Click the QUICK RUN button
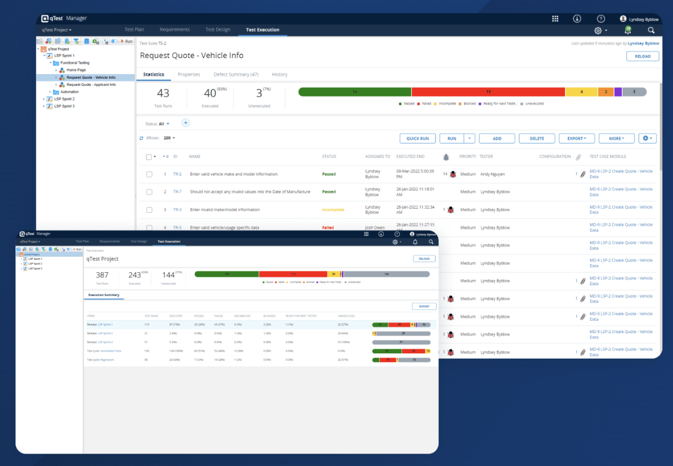[417, 138]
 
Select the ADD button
[497, 138]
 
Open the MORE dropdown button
[617, 138]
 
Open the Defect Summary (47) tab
[236, 75]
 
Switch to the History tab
[280, 75]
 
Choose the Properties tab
[189, 75]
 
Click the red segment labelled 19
[488, 92]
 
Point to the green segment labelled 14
[354, 92]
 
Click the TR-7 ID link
[177, 192]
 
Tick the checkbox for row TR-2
[150, 174]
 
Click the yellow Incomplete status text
[333, 210]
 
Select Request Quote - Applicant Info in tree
[91, 85]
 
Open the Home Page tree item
[76, 70]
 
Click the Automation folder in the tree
[69, 92]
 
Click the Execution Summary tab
[104, 295]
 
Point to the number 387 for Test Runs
[102, 275]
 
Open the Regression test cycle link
[107, 360]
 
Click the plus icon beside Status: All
[185, 123]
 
